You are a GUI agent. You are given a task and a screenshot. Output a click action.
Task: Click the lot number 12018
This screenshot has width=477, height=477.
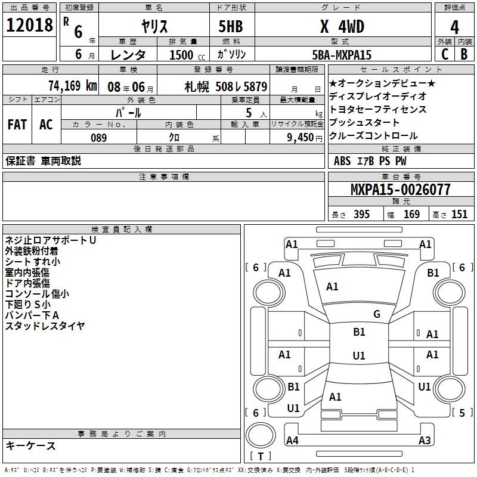tap(29, 25)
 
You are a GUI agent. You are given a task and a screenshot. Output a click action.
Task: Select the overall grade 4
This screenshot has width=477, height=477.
tap(454, 27)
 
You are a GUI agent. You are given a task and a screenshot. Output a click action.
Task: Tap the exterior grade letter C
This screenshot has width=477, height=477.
tap(445, 54)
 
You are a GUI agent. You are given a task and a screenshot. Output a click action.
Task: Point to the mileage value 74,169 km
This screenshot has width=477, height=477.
tap(73, 85)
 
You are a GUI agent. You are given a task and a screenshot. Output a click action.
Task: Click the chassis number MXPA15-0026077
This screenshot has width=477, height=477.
tap(400, 190)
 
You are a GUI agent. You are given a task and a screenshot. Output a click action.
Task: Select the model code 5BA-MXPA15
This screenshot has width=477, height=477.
tap(342, 55)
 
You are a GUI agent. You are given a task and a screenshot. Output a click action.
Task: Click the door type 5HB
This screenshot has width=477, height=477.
tap(231, 26)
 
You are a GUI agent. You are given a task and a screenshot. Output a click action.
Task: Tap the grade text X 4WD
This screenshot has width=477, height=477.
tap(342, 26)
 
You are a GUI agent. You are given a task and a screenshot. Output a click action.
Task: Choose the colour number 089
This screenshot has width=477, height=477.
tap(99, 138)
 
